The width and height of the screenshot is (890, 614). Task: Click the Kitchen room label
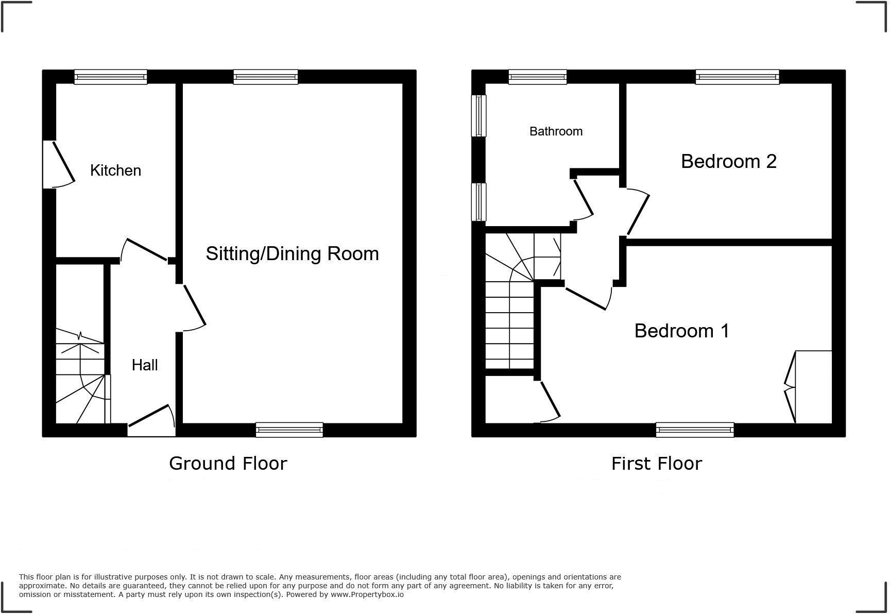[115, 170]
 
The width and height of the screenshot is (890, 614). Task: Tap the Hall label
[145, 365]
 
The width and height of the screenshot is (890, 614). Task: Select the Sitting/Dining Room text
[292, 253]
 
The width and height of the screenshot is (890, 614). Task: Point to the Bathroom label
[556, 131]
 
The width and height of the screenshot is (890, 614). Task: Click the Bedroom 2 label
[728, 161]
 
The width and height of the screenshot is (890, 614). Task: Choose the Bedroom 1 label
[681, 331]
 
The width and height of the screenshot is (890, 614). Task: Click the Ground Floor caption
[228, 464]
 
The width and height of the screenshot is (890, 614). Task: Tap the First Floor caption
[656, 464]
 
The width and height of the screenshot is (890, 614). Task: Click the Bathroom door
[584, 198]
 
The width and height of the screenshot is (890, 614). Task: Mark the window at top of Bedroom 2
[737, 77]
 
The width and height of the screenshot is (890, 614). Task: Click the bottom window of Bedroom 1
[695, 429]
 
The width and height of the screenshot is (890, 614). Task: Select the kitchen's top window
[111, 77]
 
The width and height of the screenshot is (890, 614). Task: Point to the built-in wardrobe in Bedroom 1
[813, 387]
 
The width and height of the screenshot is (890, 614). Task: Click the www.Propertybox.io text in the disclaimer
[367, 594]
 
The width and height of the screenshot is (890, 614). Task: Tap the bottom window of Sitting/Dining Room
[289, 429]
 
